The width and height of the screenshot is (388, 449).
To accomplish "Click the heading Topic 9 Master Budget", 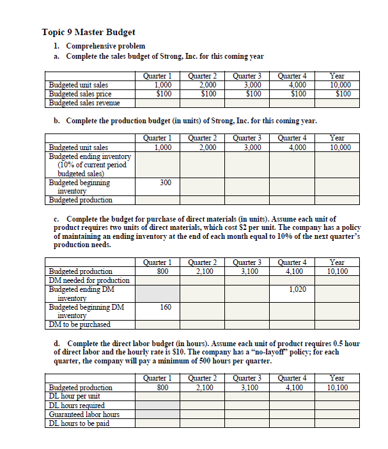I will [x=88, y=32].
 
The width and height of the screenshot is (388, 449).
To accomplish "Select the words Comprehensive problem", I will [x=105, y=46].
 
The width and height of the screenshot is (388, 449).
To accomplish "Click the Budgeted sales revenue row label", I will [x=84, y=102].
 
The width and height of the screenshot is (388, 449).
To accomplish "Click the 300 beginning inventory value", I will [x=165, y=183].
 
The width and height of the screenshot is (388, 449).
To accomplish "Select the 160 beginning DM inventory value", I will [x=165, y=307].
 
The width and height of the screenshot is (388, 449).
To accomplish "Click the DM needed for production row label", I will [x=89, y=280].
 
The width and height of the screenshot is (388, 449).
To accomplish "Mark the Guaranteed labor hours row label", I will [x=84, y=414].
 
